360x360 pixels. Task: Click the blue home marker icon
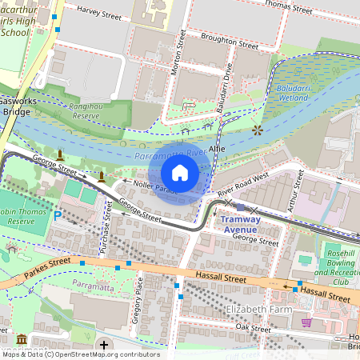tap(180, 173)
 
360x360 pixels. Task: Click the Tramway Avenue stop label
tap(240, 224)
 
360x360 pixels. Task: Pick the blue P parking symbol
tap(57, 215)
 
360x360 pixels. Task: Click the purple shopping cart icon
tap(306, 322)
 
